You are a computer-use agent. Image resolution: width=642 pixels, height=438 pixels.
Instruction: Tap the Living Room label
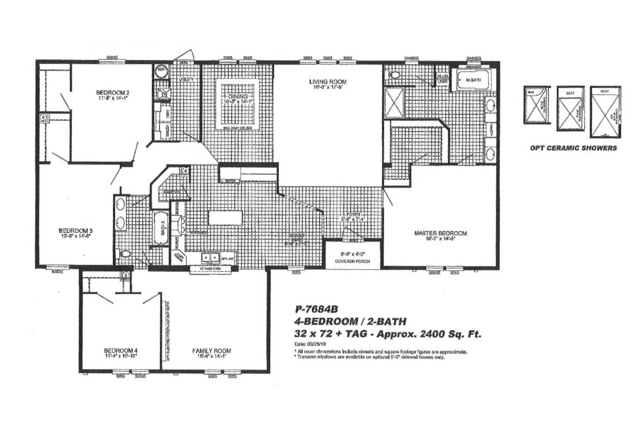coord(327,82)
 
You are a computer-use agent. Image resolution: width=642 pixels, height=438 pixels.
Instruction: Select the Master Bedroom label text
coord(440,233)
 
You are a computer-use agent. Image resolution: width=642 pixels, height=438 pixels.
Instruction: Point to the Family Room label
coord(212,351)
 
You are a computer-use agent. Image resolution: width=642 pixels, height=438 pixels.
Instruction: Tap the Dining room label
coord(238,96)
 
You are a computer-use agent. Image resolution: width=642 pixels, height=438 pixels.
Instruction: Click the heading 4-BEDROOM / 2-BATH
coord(350,321)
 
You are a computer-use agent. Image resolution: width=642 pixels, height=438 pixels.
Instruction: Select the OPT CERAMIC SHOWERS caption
coord(572,148)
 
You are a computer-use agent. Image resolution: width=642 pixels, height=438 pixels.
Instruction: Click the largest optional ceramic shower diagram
coord(605,112)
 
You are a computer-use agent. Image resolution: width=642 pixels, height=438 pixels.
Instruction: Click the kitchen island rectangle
coord(225,217)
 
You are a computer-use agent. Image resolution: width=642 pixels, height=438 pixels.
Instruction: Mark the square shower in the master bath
coord(395,103)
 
